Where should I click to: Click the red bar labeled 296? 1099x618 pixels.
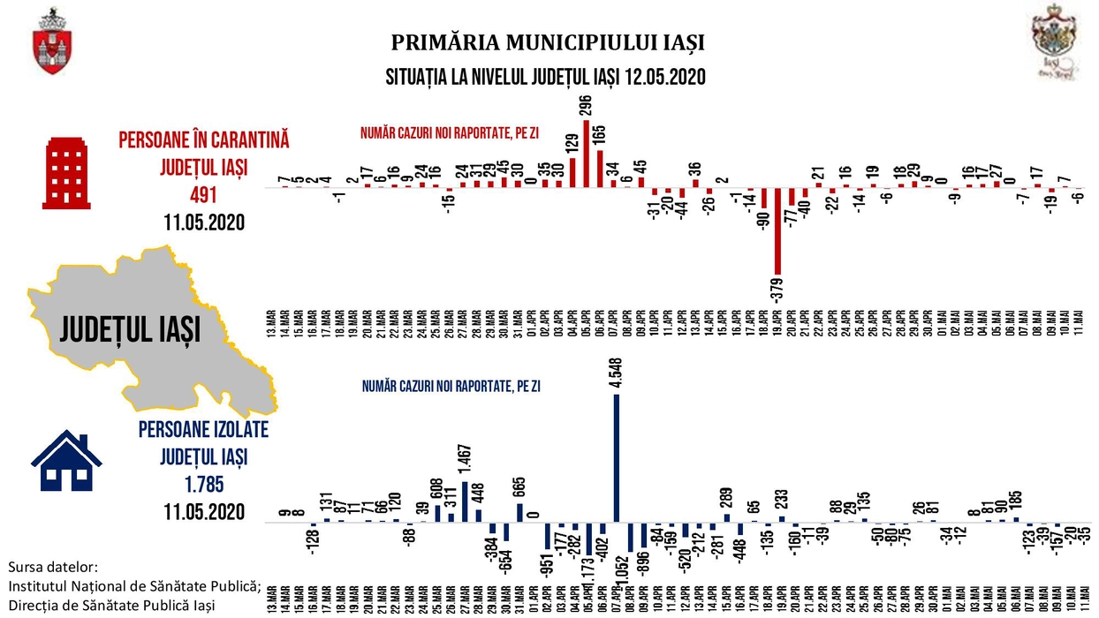click(587, 154)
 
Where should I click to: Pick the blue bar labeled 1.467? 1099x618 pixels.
click(465, 501)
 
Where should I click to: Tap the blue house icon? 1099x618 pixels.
click(66, 463)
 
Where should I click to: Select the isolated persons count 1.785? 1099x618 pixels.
click(203, 483)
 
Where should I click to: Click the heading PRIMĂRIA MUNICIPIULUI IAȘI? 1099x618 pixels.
click(548, 42)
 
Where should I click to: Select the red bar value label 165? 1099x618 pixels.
click(600, 137)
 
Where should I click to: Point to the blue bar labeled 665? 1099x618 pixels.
click(519, 512)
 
